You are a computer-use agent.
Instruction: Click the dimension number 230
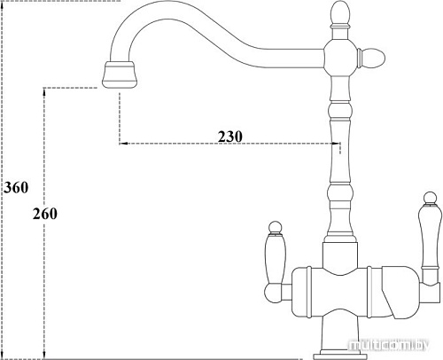pos(230,137)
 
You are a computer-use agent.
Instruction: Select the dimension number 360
pos(16,187)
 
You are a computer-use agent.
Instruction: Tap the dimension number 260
pos(45,214)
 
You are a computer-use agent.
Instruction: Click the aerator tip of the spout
pos(120,74)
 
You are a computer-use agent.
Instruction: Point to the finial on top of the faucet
pos(340,13)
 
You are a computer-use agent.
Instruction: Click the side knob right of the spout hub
pos(371,58)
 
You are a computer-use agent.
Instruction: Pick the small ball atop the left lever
pos(275,227)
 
